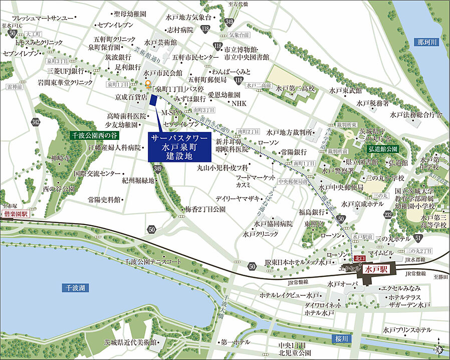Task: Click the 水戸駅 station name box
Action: (x=379, y=269)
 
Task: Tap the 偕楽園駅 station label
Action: (x=16, y=214)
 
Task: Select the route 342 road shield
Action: (x=35, y=122)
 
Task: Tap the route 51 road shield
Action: (x=418, y=237)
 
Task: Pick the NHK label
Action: (x=239, y=103)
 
